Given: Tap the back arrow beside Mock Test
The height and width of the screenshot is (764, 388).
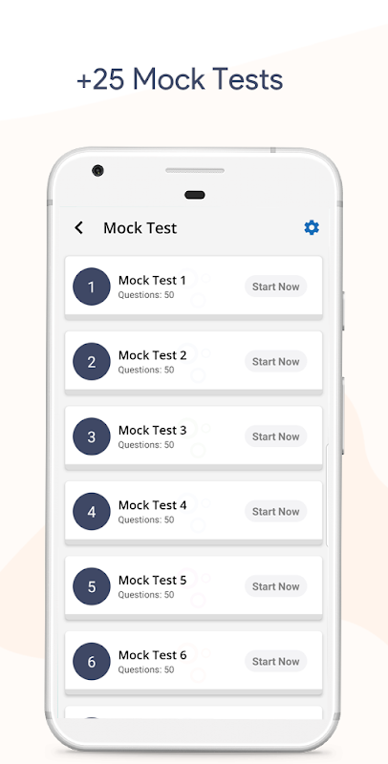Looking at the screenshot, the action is [x=78, y=227].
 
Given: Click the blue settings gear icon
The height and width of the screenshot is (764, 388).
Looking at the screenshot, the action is [x=312, y=227].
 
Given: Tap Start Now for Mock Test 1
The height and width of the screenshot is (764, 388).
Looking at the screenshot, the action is [x=276, y=286].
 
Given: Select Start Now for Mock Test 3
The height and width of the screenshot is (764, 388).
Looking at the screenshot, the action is [x=276, y=436].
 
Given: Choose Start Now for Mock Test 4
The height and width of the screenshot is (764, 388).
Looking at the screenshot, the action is [x=276, y=512].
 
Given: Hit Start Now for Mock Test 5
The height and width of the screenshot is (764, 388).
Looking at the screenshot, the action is [x=276, y=586].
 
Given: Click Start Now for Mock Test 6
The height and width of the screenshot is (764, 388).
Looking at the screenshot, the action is [x=276, y=662].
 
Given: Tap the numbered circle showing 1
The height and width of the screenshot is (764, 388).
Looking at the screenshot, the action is [x=92, y=286].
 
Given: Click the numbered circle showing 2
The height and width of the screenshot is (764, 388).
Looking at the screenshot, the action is [x=92, y=362].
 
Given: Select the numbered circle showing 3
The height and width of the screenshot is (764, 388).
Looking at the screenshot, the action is [x=92, y=436].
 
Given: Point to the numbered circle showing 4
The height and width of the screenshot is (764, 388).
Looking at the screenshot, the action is [x=92, y=512].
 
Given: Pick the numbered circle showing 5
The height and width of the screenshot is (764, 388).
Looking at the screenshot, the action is [x=92, y=586].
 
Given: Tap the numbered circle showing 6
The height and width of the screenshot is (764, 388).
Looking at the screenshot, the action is [x=92, y=662].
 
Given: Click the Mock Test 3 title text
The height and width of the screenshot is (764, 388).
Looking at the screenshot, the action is [x=153, y=431].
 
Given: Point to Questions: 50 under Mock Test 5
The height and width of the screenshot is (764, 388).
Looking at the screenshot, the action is [x=146, y=595].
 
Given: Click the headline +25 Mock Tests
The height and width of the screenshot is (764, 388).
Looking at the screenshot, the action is [x=180, y=79].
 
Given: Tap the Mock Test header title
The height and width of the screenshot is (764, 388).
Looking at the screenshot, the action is [x=140, y=228].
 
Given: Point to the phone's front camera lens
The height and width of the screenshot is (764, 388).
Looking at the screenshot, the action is [x=98, y=171].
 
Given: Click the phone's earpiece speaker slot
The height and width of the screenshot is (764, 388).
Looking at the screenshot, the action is [x=195, y=171].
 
